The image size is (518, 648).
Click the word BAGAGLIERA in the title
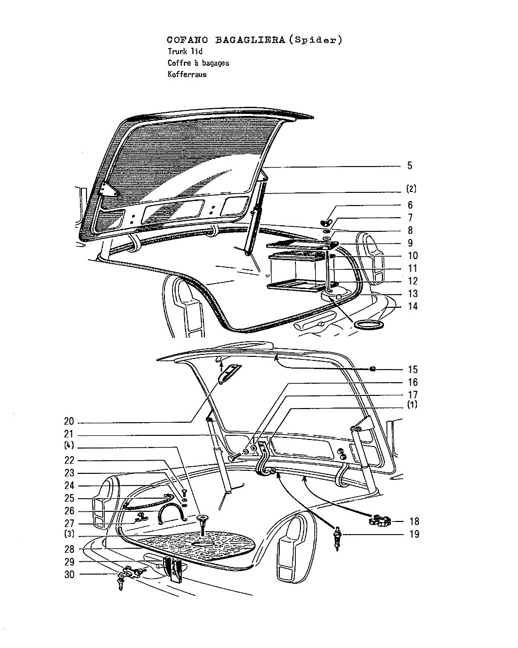coord(250,40)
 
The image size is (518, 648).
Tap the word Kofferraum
coord(187,74)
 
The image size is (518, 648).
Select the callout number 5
coord(410,166)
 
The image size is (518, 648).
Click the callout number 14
coord(413,306)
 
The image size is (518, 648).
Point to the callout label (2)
coord(411,189)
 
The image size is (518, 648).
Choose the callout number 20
coord(69,421)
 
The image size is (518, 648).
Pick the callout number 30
coord(69,575)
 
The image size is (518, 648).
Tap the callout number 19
coord(414,534)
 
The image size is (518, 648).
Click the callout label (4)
coord(69,445)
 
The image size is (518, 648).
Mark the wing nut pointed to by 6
coord(326,223)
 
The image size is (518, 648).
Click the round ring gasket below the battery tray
coord(369,325)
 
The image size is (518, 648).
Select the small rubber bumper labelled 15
coord(373,369)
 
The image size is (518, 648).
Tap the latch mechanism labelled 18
coord(380,520)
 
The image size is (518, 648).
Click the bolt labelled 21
coord(234,457)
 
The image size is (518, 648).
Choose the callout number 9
coord(410,243)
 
